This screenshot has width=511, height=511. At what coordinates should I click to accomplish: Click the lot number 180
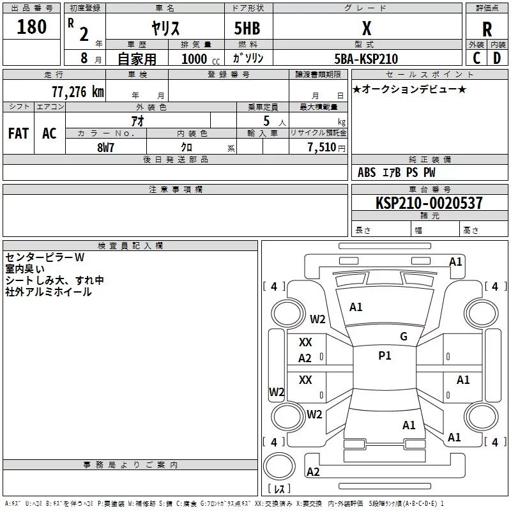click(x=31, y=27)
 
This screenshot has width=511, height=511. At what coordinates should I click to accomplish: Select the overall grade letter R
click(x=487, y=29)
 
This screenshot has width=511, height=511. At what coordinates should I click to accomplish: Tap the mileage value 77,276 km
click(x=78, y=92)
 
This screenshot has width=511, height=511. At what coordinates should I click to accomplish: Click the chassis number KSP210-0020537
click(x=429, y=202)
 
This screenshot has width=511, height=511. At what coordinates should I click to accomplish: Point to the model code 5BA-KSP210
click(x=366, y=59)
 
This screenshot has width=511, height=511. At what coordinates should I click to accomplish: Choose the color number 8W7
click(x=105, y=148)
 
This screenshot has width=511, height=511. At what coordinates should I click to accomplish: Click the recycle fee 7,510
click(x=322, y=148)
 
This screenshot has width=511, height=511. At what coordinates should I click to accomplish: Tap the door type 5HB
click(x=247, y=28)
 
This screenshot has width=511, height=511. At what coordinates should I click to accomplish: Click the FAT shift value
click(x=19, y=133)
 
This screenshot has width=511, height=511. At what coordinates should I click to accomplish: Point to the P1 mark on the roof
click(x=385, y=356)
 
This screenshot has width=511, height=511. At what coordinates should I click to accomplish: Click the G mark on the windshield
click(x=404, y=336)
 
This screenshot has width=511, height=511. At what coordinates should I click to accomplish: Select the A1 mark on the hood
click(x=356, y=307)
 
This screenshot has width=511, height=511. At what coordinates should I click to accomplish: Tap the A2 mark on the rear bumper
click(x=313, y=472)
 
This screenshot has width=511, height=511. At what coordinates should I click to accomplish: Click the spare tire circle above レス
click(x=279, y=466)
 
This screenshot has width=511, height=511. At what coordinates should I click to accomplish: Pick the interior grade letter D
click(x=497, y=58)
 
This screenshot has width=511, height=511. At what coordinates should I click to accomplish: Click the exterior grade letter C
click(x=477, y=58)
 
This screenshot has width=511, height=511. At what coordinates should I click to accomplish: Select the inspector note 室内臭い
click(x=25, y=269)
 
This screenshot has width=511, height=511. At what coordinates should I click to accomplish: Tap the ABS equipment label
click(x=367, y=172)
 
